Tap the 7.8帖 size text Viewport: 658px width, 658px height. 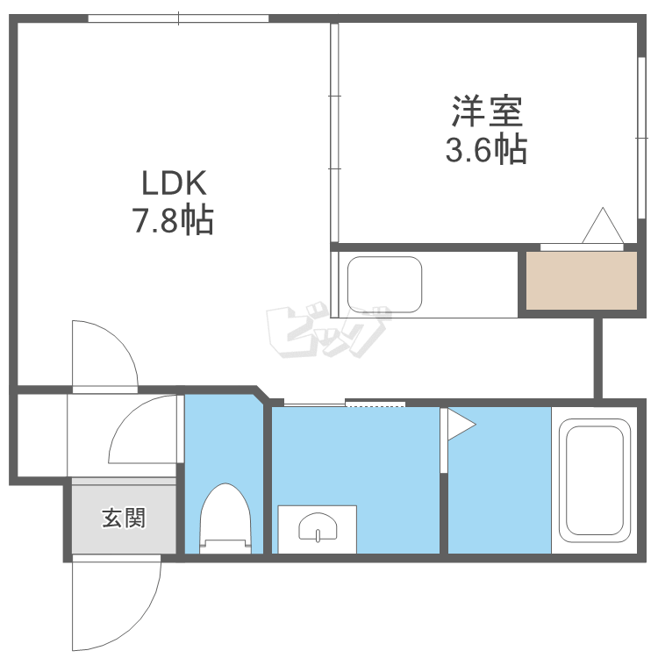[x=174, y=221]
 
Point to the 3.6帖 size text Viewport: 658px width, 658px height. [x=487, y=150]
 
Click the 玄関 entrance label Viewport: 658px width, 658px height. [x=124, y=519]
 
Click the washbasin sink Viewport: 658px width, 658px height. [x=317, y=528]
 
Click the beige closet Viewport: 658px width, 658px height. [x=581, y=280]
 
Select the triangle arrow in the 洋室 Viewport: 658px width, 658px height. [x=603, y=226]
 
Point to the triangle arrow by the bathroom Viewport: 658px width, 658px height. [x=459, y=425]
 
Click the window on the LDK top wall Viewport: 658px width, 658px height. [x=178, y=18]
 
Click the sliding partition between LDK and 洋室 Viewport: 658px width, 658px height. [x=334, y=132]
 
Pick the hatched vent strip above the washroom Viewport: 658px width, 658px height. [x=375, y=403]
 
